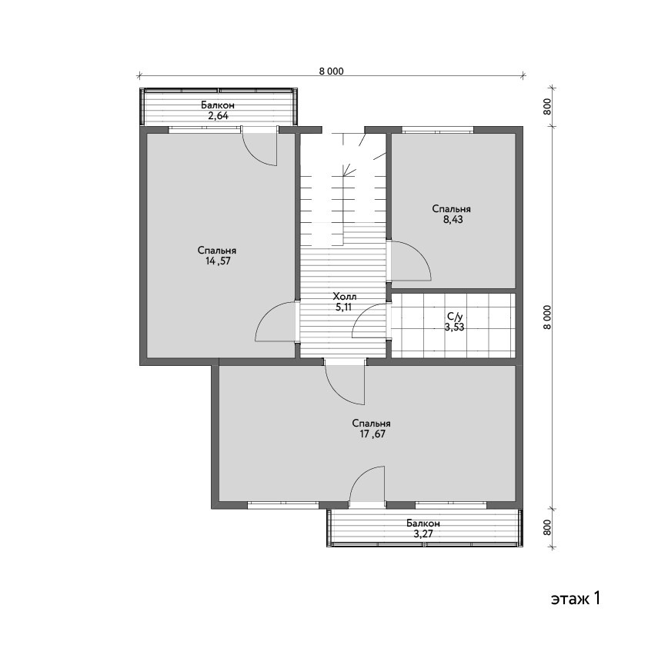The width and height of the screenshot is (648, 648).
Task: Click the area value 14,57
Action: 218,261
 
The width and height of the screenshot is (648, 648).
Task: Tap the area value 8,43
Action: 453,219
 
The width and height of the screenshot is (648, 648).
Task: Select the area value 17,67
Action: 372,434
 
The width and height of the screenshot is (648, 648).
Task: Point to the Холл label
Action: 345,296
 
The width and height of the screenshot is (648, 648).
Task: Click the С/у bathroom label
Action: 454,317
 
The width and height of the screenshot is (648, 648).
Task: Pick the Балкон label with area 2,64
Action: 218,105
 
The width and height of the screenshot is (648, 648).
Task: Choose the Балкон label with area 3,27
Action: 423,523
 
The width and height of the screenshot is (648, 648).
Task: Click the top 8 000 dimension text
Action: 331,71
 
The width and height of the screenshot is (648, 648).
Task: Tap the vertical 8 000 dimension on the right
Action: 547,317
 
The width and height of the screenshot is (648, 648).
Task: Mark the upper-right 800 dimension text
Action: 547,107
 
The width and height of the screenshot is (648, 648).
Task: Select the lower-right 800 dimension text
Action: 547,528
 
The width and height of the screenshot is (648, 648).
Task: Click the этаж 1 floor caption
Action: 575,598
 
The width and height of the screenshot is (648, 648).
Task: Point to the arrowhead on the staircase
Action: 349,169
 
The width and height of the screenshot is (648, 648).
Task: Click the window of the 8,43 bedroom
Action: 438,131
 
